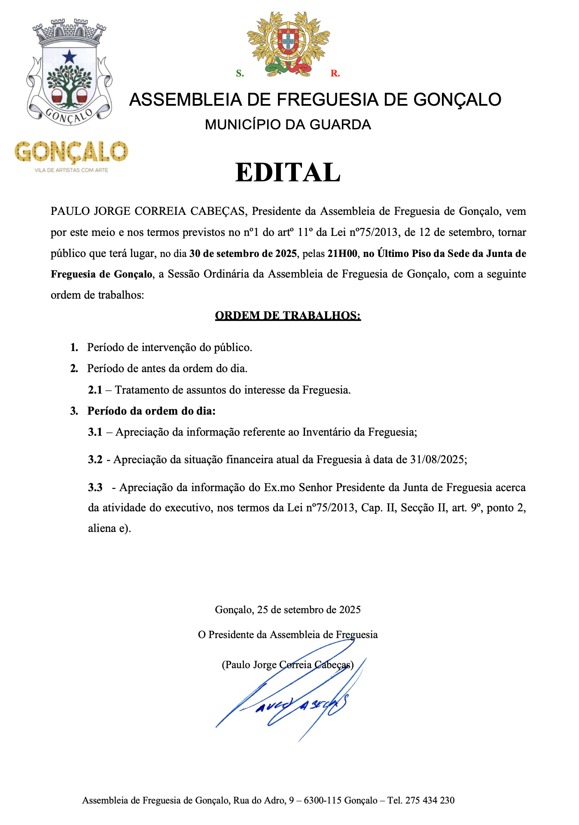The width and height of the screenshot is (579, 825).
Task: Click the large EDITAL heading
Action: [x=288, y=173]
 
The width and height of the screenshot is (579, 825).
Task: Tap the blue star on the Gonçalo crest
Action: [x=69, y=56]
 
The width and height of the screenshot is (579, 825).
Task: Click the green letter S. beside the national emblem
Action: [x=240, y=73]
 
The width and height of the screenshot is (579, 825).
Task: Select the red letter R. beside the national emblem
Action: [x=335, y=73]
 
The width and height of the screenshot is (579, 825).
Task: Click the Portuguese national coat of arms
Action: [x=288, y=43]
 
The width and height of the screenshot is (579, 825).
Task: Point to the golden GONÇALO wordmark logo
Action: [x=71, y=152]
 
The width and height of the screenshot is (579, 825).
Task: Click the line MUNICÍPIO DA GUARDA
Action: [x=288, y=125]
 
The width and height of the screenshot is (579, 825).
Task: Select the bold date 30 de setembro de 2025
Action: [x=243, y=254]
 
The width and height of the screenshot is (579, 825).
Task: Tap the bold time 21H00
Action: [x=342, y=254]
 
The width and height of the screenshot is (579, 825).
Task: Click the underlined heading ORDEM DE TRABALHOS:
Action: [x=288, y=316]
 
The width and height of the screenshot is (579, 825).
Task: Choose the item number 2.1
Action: [x=95, y=390]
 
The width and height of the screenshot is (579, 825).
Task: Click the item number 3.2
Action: [x=95, y=460]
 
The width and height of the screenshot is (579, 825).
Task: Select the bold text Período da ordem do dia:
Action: [x=151, y=411]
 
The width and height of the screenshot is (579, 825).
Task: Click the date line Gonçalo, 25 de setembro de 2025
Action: [x=288, y=610]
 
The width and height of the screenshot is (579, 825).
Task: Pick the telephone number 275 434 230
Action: [x=430, y=800]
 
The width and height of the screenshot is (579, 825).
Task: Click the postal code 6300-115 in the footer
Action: [x=323, y=800]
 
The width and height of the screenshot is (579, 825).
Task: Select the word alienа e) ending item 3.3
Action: [x=110, y=529]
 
